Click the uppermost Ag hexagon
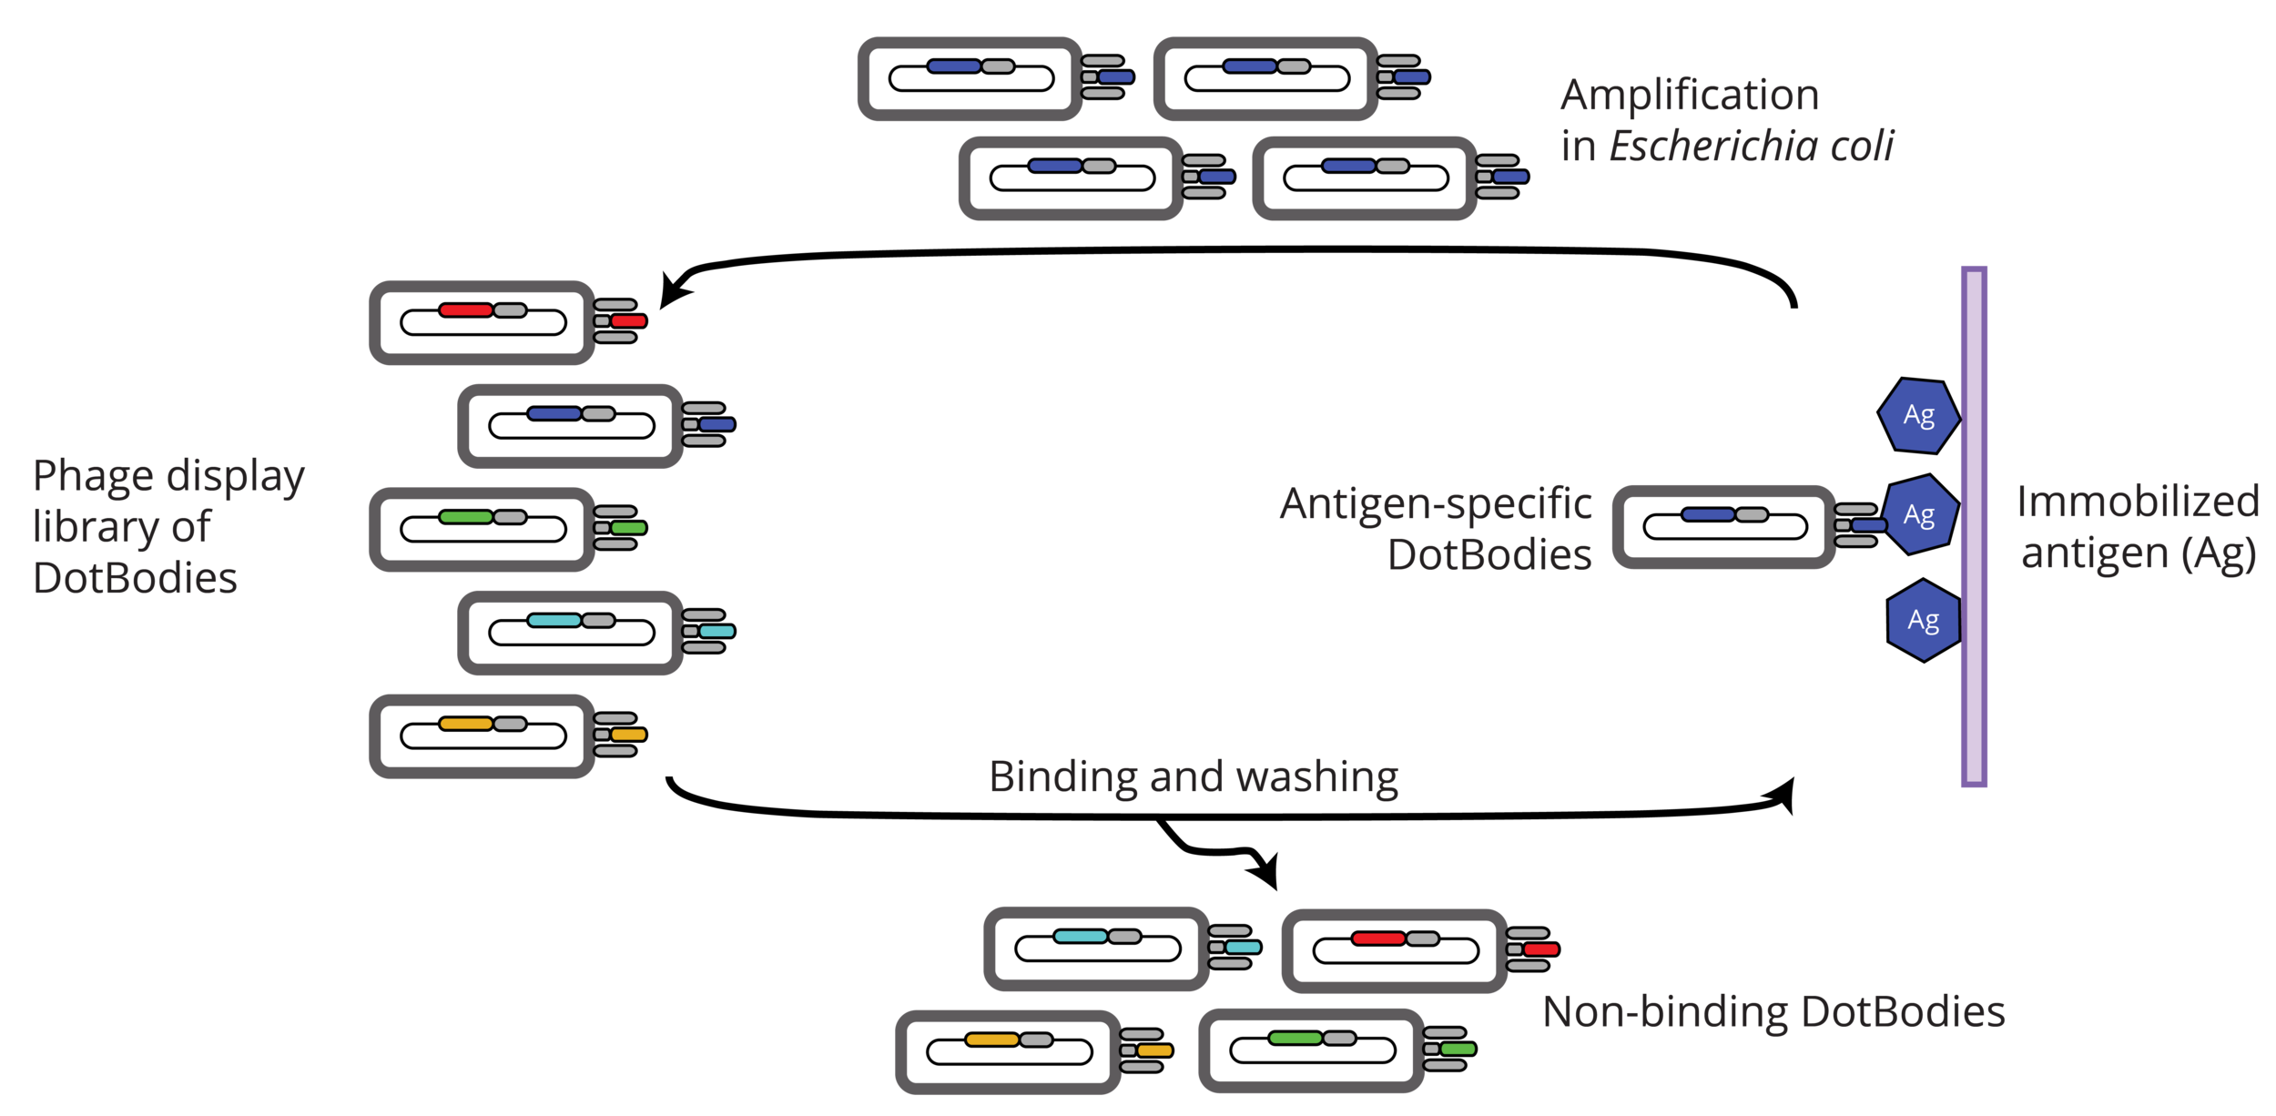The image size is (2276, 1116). coord(1918,416)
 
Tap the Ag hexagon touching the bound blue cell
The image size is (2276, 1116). coord(1918,515)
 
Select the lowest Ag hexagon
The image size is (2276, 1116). coord(1923,621)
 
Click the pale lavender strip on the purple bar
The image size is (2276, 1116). coord(1974,526)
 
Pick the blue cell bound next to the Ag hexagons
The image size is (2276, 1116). coord(1723,527)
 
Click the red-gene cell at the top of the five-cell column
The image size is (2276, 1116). coord(482,322)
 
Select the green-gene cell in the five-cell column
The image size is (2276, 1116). coord(482,529)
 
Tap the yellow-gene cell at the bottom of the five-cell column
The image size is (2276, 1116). coord(482,736)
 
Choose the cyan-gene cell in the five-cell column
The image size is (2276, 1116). coord(570,633)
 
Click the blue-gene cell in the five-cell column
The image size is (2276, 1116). coord(570,426)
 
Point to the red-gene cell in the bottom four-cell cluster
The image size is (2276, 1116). coord(1394,951)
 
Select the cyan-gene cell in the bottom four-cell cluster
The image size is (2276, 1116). coord(1096,949)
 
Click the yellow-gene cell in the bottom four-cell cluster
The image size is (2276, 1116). coord(1008,1051)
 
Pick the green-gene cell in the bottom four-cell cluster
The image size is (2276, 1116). coord(1311,1050)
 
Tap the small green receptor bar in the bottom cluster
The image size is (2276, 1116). coord(1458,1050)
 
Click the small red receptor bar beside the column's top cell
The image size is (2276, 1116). coord(628,321)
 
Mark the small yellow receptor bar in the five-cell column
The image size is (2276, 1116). coord(628,735)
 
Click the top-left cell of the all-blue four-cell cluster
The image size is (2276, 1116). coord(970,79)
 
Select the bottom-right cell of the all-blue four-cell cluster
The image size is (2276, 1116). coord(1364,178)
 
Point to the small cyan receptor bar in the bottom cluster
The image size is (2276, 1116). coord(1243,948)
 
